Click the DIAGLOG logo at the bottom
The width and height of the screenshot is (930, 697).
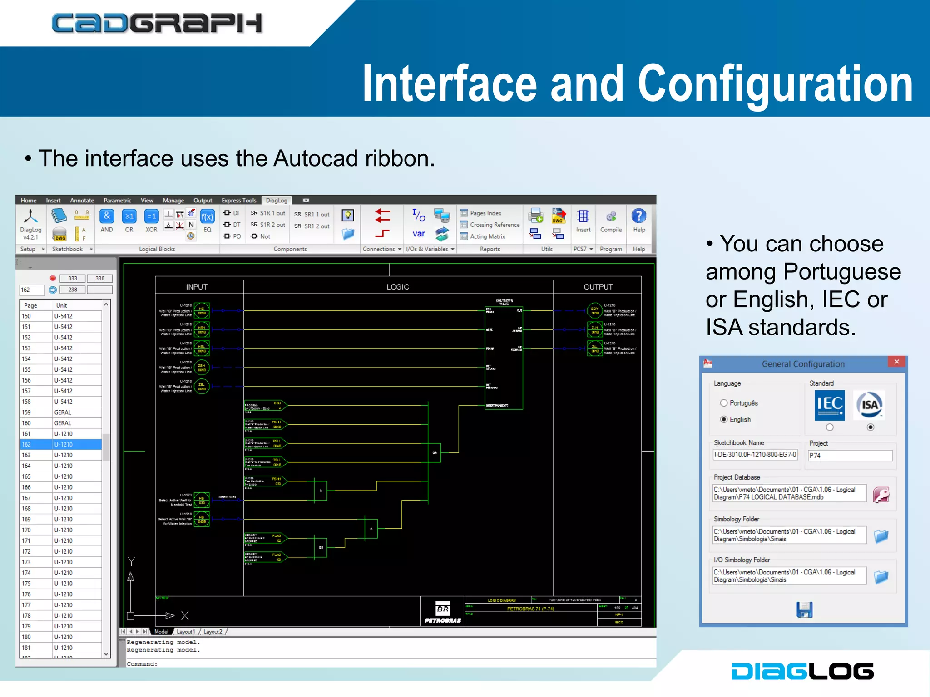pyautogui.click(x=802, y=671)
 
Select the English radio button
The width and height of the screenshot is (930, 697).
pyautogui.click(x=724, y=419)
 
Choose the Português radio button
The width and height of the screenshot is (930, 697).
pyautogui.click(x=724, y=403)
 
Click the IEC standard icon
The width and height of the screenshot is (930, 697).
pyautogui.click(x=830, y=405)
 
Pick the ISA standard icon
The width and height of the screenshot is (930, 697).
pyautogui.click(x=870, y=405)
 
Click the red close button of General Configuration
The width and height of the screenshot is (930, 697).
pyautogui.click(x=896, y=362)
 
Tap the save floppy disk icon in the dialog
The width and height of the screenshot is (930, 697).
pyautogui.click(x=804, y=609)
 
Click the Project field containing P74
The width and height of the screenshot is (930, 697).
pyautogui.click(x=850, y=455)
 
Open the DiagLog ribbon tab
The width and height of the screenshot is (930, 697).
pyautogui.click(x=277, y=201)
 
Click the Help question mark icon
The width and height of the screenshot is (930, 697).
pyautogui.click(x=639, y=216)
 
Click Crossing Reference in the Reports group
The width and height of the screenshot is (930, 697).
pyautogui.click(x=495, y=225)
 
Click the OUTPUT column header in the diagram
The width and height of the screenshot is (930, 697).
pyautogui.click(x=598, y=287)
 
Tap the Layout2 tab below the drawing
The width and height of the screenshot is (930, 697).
pyautogui.click(x=213, y=632)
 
